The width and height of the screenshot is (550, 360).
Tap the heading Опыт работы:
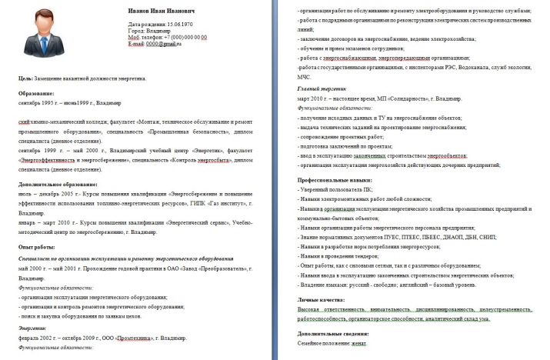pos(38,246)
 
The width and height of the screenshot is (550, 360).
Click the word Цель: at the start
pos(24,78)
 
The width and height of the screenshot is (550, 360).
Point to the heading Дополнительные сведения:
pos(333,334)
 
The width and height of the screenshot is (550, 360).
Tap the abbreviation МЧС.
pos(305,77)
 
